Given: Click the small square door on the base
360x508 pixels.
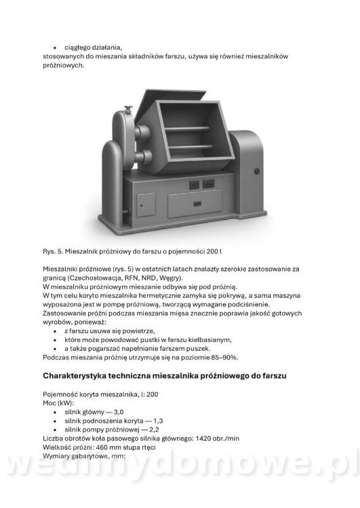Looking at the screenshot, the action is click(x=145, y=202).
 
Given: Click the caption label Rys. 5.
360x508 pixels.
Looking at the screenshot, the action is click(x=53, y=251).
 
